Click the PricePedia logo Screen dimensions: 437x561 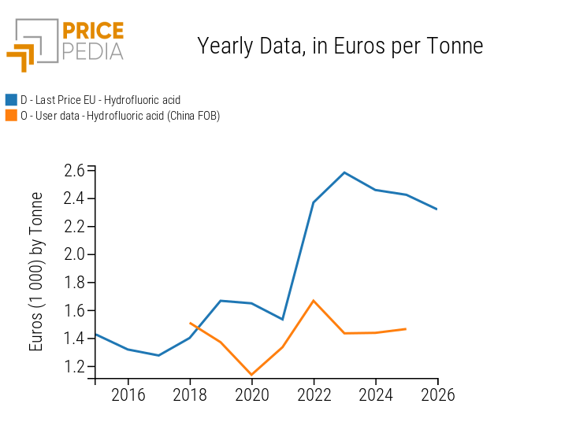click(x=65, y=45)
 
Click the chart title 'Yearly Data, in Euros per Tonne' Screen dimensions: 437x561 click(x=340, y=46)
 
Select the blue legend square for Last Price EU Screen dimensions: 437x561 click(x=11, y=100)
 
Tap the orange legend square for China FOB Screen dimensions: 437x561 click(x=11, y=116)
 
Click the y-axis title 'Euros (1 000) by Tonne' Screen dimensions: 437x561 click(x=36, y=272)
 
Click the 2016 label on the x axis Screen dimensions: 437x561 click(x=128, y=394)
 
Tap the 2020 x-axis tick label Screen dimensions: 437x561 click(x=251, y=394)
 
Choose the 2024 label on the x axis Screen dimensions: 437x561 click(x=376, y=394)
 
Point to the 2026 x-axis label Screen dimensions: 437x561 click(x=437, y=394)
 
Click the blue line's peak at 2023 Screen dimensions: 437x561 click(x=344, y=172)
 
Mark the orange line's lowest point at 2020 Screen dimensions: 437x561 click(x=251, y=375)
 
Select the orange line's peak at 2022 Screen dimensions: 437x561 click(x=314, y=300)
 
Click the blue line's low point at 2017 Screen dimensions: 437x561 click(x=158, y=355)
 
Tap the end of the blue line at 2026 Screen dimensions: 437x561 click(x=437, y=209)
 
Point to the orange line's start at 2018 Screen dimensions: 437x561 click(x=190, y=323)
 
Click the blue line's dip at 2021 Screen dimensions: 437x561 click(x=282, y=319)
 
